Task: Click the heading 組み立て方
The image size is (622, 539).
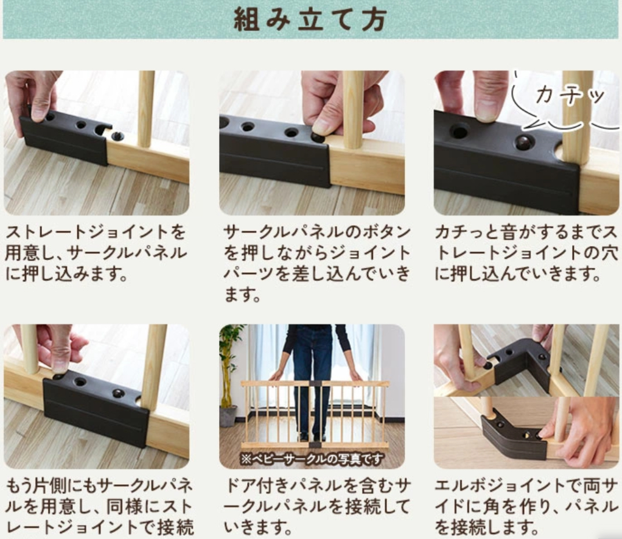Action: [x=310, y=19]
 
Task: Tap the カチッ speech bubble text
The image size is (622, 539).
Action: [x=570, y=96]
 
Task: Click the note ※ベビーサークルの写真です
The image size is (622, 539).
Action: [x=312, y=459]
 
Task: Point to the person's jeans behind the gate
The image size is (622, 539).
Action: [x=313, y=377]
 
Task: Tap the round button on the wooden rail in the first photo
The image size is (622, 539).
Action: [x=117, y=136]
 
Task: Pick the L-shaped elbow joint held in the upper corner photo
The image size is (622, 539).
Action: [x=519, y=362]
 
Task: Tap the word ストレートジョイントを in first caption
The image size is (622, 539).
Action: [x=96, y=232]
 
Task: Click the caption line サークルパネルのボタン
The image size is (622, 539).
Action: [x=315, y=232]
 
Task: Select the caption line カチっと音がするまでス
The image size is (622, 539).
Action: [x=526, y=232]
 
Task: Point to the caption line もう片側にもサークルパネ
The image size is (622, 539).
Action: [x=100, y=485]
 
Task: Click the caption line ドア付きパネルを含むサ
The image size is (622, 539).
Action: [x=316, y=485]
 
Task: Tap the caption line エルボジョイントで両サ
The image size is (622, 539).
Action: [x=526, y=485]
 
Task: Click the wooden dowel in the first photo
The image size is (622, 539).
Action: [x=147, y=109]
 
